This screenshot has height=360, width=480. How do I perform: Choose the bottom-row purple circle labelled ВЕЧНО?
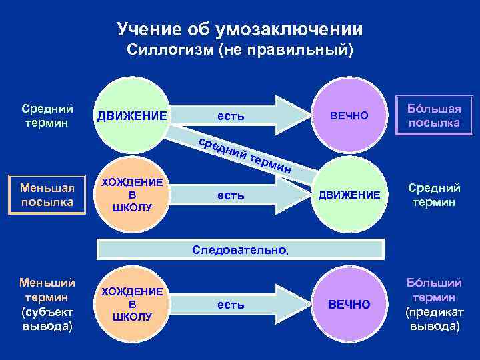[x=348, y=304]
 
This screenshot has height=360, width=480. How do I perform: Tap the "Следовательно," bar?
[x=241, y=250]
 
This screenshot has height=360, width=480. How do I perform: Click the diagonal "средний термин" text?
[x=247, y=155]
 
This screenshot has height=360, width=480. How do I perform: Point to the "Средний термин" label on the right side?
[x=431, y=195]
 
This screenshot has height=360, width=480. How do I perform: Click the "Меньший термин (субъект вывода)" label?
[x=47, y=304]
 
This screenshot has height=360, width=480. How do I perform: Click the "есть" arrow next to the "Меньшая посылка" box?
[x=233, y=195]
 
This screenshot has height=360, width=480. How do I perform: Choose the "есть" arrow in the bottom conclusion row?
[x=233, y=305]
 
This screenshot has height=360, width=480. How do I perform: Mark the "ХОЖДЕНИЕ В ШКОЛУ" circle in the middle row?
[x=132, y=195]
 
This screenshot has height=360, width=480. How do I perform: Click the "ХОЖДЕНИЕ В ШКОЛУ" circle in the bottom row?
[x=132, y=304]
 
